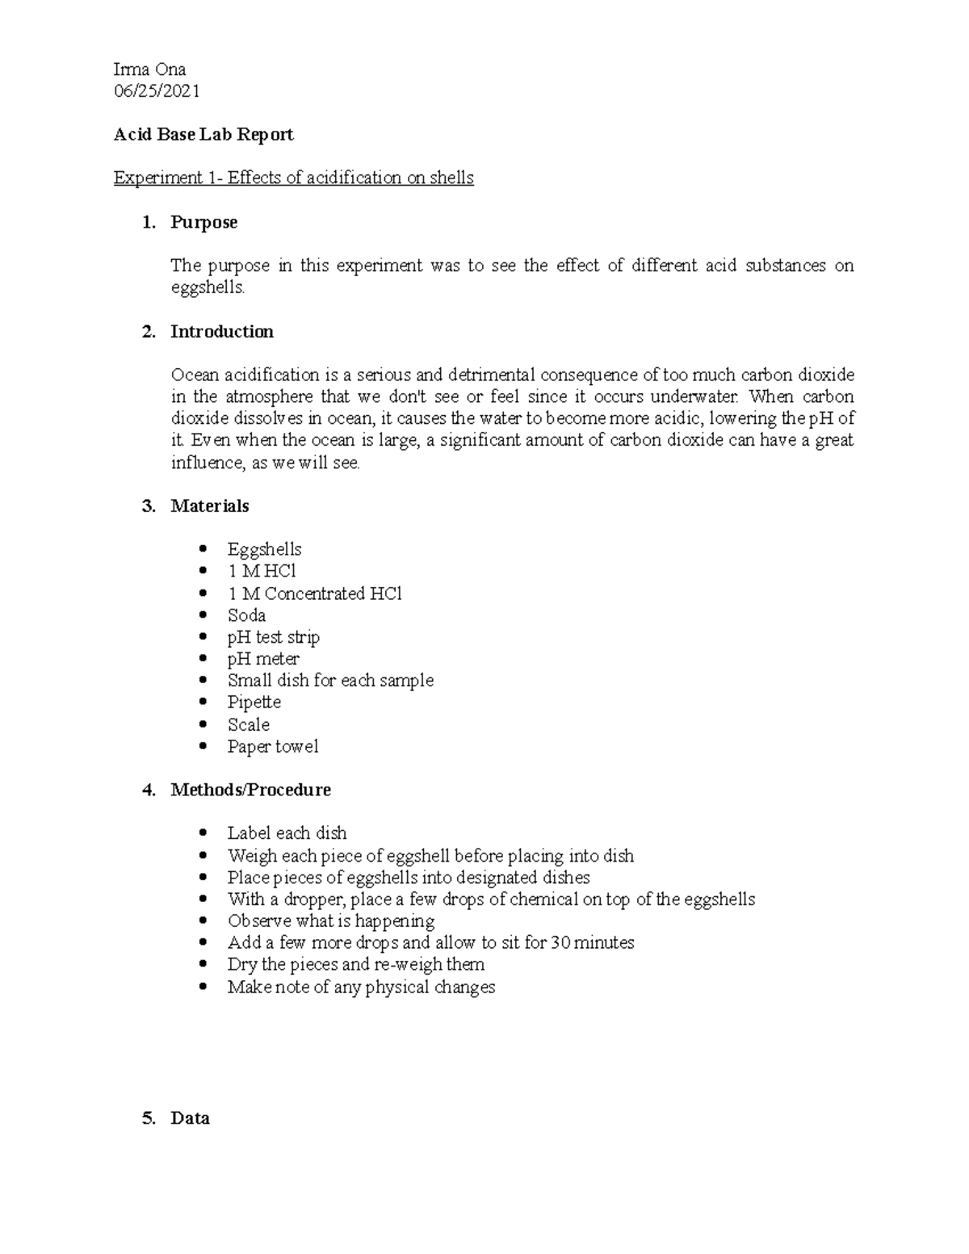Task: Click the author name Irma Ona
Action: (149, 69)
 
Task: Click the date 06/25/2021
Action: (157, 91)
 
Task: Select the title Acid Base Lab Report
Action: (203, 135)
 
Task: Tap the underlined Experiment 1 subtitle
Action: (293, 178)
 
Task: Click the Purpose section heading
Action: (203, 222)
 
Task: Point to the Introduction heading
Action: (221, 331)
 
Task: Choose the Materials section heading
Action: (209, 506)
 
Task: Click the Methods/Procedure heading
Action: (250, 790)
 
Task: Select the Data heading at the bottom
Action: (190, 1118)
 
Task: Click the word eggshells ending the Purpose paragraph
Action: (206, 287)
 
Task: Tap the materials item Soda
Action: (246, 615)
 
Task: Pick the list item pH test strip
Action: (273, 637)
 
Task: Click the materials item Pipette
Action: (254, 702)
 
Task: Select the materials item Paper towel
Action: (272, 747)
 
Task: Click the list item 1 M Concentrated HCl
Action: (314, 593)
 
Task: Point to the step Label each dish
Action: (287, 833)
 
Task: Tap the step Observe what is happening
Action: (330, 921)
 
